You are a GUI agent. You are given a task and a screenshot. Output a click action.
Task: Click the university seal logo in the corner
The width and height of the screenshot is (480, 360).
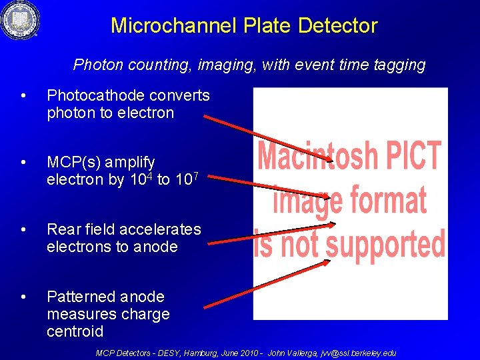tap(20, 21)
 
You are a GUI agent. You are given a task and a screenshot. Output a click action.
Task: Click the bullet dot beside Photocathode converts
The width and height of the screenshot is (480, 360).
tap(24, 96)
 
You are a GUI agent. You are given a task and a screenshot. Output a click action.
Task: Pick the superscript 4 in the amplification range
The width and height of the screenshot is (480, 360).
tap(151, 175)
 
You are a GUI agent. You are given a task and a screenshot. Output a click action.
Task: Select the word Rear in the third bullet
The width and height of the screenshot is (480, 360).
tap(63, 229)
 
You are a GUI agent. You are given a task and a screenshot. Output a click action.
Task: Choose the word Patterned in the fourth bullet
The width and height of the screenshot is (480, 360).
tap(79, 297)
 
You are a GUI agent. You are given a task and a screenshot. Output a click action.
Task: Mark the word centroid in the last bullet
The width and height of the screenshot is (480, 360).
tap(75, 331)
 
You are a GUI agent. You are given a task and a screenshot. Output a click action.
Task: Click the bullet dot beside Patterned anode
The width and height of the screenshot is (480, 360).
tap(24, 297)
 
